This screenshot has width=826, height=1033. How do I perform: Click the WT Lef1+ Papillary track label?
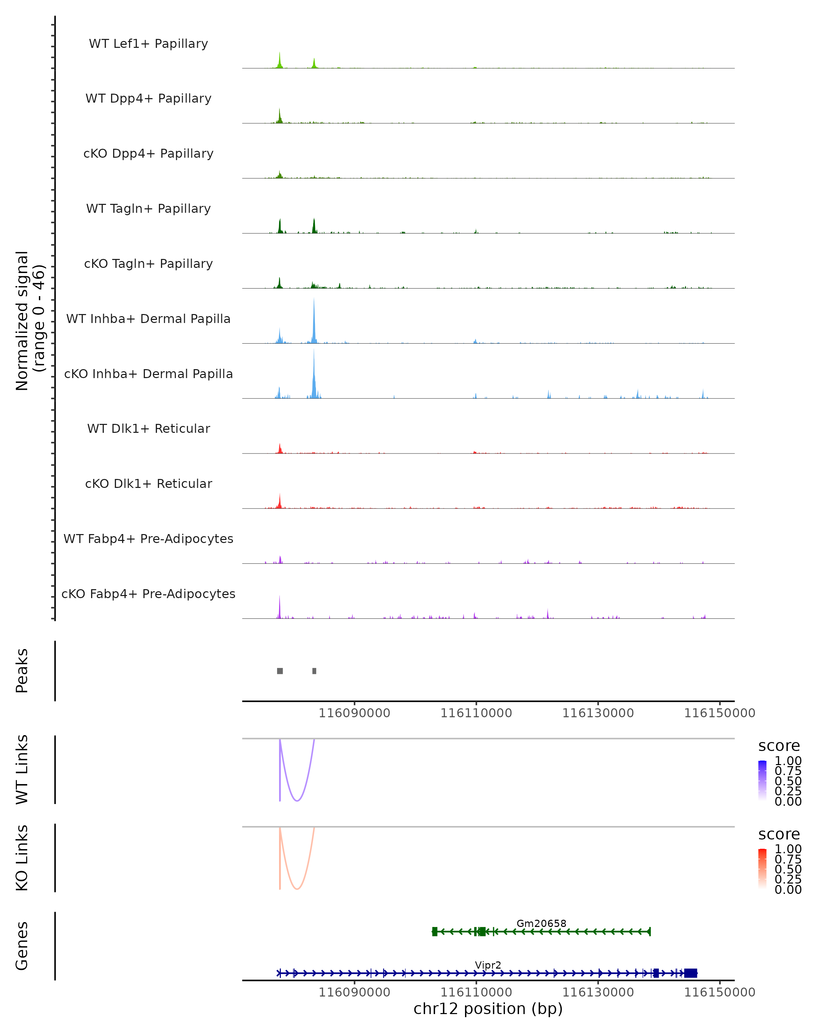click(148, 44)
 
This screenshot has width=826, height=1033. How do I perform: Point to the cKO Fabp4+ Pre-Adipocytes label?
click(148, 594)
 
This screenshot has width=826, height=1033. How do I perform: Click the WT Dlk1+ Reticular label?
click(148, 428)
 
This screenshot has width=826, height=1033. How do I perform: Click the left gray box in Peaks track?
click(280, 671)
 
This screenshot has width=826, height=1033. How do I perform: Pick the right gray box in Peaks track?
click(314, 671)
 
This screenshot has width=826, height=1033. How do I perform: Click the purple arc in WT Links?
click(297, 800)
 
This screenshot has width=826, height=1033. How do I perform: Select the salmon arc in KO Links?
click(297, 888)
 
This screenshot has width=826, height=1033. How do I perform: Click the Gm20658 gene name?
click(541, 923)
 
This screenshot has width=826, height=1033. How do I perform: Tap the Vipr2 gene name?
click(488, 965)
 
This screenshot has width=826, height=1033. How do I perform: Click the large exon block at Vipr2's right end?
click(690, 973)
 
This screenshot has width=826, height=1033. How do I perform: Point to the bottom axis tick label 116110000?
click(476, 992)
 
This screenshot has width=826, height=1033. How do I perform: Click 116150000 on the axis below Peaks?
click(719, 713)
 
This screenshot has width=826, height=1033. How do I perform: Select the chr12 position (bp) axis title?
click(488, 1009)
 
